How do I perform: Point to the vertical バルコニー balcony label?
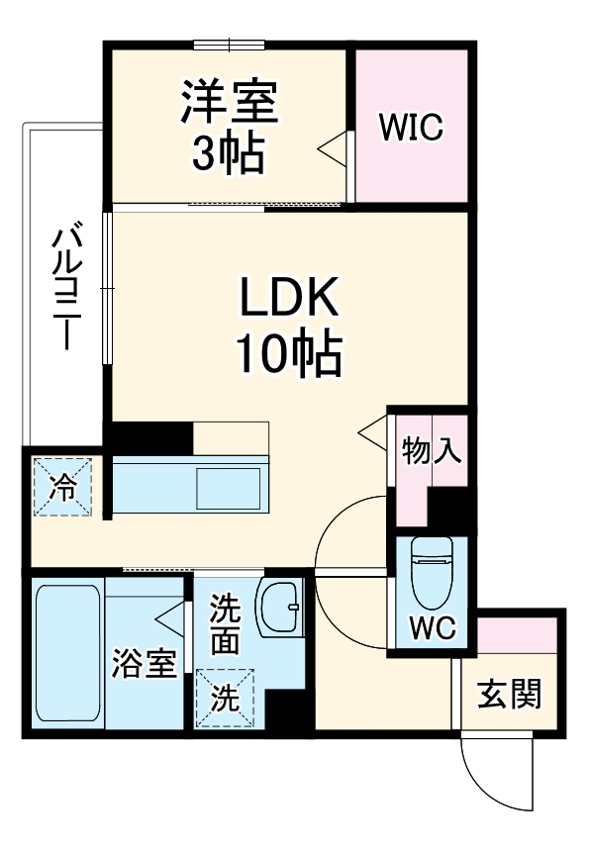[x=66, y=287]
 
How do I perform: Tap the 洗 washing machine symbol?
[x=227, y=699]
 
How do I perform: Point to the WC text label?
[x=431, y=627]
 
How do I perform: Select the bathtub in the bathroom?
[x=67, y=653]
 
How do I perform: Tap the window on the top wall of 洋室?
[x=230, y=43]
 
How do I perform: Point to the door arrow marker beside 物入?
[x=371, y=431]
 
